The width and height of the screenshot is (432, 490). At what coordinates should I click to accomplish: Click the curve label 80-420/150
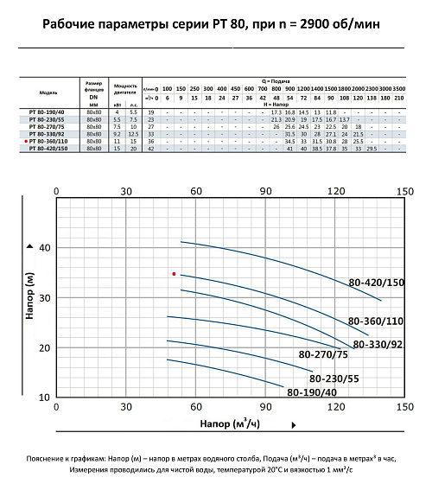tap(377, 283)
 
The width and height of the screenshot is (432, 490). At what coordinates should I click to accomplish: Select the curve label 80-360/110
tap(377, 321)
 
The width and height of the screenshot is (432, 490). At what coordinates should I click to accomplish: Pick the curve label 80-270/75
tap(323, 354)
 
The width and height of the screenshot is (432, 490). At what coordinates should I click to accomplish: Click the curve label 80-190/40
tap(312, 393)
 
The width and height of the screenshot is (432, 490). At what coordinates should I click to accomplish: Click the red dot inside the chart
tap(175, 274)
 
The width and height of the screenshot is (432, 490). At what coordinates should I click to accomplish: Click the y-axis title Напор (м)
tap(31, 298)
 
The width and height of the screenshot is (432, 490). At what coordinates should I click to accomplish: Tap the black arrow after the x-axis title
tap(295, 425)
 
